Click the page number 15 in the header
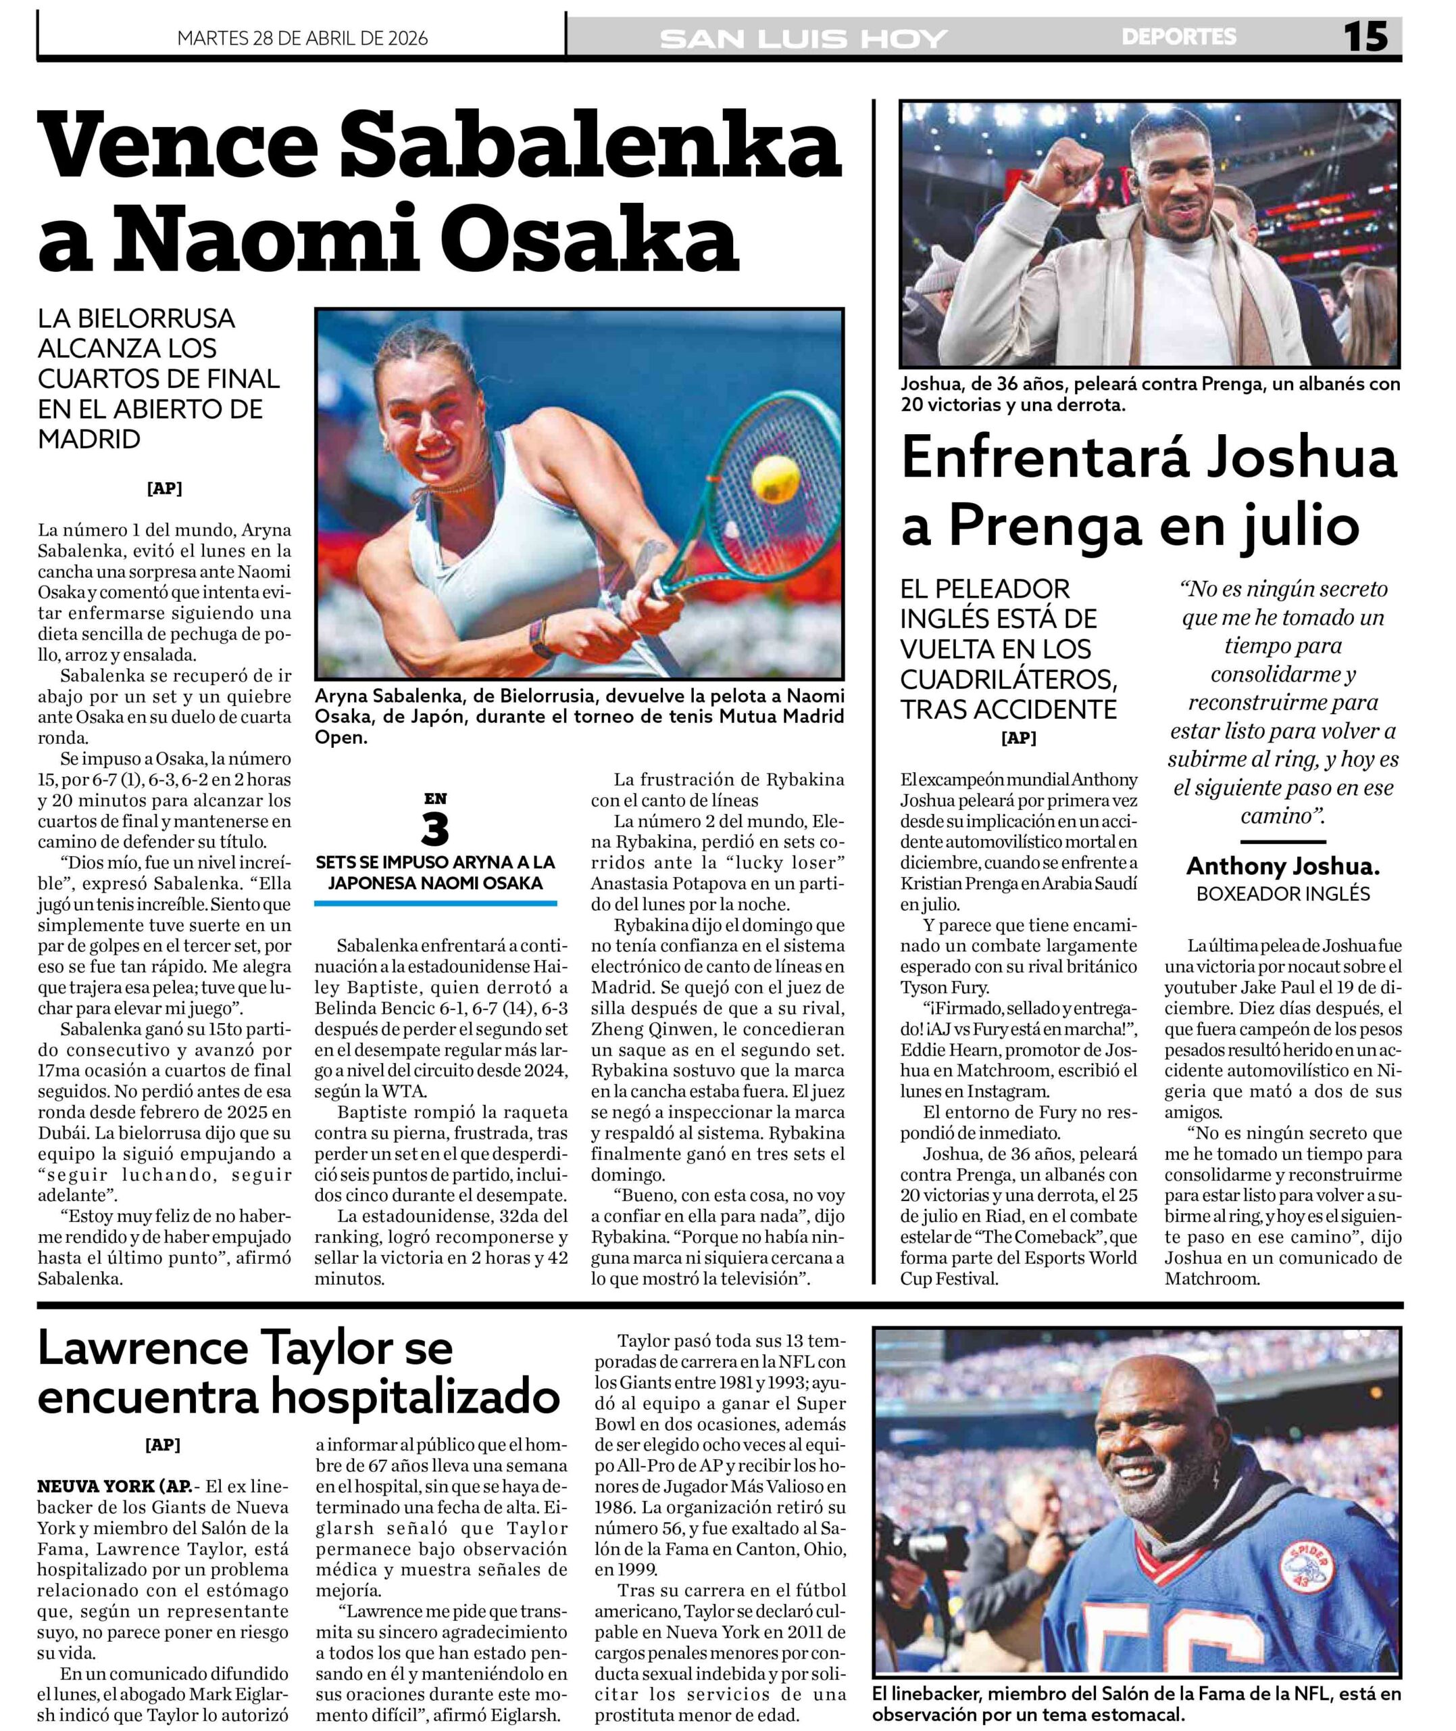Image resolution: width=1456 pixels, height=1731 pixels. (x=1365, y=37)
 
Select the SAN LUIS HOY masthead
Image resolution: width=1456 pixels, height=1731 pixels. (x=803, y=39)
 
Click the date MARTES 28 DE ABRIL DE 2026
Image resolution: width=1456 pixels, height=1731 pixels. (x=302, y=38)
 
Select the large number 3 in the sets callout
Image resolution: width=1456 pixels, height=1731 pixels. (x=435, y=831)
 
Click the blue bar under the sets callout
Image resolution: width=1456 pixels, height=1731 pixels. (x=435, y=903)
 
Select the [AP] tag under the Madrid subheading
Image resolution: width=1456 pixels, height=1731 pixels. (x=164, y=488)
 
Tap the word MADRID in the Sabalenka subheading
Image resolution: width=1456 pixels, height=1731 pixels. (x=89, y=440)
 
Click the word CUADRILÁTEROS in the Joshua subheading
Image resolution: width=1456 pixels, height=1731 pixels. (x=1009, y=679)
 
